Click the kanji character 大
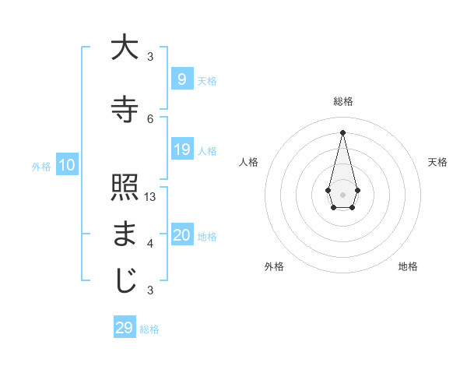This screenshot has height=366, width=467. click(125, 48)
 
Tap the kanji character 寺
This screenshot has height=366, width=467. click(125, 108)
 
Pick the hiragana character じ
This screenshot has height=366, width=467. click(125, 281)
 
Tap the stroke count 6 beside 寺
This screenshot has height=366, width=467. click(150, 118)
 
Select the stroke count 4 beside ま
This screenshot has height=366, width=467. click(150, 244)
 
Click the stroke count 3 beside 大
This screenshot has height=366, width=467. click(150, 57)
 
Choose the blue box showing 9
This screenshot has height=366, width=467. click(181, 79)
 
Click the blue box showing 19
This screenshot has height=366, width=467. click(181, 150)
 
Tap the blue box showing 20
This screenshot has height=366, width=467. click(181, 236)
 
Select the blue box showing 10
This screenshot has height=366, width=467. click(66, 165)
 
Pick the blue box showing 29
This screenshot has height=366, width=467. click(124, 328)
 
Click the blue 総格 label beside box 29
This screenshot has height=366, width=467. click(150, 329)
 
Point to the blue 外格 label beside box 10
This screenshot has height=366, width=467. click(41, 167)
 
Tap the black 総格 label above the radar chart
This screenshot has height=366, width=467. click(343, 101)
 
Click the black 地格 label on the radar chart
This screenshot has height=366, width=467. click(408, 267)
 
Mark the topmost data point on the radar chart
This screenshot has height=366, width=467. click(342, 132)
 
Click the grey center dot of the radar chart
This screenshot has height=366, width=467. click(342, 193)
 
